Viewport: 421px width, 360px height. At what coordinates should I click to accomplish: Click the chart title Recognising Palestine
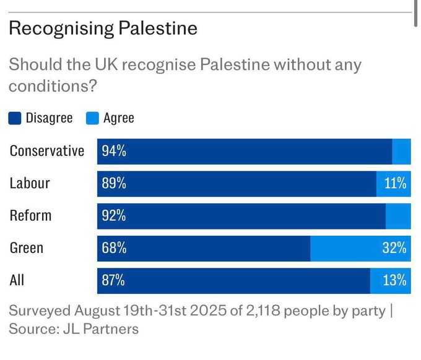pos(103,28)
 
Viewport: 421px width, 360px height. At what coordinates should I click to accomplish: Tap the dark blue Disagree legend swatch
pos(15,118)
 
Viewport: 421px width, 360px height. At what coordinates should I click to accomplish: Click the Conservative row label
pos(47,152)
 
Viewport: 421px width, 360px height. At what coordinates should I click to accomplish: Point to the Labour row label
pos(30,184)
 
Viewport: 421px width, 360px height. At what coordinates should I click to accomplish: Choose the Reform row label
pos(30,216)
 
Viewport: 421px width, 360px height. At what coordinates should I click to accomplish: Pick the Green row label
pos(27,248)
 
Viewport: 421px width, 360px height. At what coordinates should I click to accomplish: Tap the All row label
pos(17,280)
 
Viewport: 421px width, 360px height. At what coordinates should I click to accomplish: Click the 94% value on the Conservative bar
pos(114,152)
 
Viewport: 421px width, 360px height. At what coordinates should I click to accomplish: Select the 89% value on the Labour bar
pos(114,184)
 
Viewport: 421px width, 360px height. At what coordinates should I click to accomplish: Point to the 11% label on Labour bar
pos(394,184)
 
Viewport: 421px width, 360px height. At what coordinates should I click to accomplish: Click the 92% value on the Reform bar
pos(114,216)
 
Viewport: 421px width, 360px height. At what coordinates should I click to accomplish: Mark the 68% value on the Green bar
pos(114,248)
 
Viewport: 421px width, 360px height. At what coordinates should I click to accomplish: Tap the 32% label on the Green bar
pos(394,248)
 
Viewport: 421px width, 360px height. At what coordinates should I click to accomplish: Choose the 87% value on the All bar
pos(113,280)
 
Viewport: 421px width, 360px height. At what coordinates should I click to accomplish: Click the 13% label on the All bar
pos(394,280)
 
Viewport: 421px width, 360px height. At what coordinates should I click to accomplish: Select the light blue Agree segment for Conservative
pos(401,152)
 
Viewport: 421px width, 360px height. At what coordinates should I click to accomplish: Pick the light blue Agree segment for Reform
pos(398,216)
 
